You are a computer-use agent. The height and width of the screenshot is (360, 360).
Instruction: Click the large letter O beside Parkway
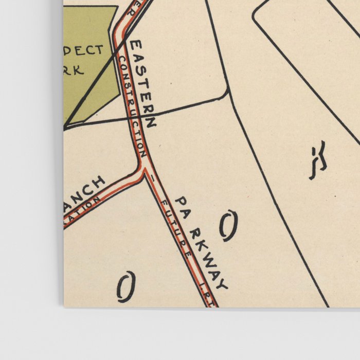click(229, 226)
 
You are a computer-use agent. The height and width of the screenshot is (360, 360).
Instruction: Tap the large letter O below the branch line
click(126, 286)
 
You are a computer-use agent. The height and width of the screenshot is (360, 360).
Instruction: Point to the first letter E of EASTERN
click(135, 46)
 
